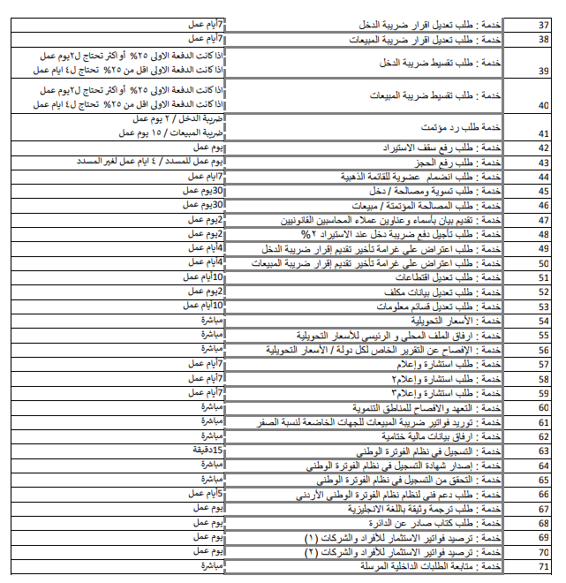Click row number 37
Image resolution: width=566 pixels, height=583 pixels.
[544, 25]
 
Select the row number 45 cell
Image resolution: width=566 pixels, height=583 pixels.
[544, 192]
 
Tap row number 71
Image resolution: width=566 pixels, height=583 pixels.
[544, 567]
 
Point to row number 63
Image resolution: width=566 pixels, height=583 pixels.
[544, 451]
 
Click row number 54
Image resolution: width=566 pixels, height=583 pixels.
[544, 322]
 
